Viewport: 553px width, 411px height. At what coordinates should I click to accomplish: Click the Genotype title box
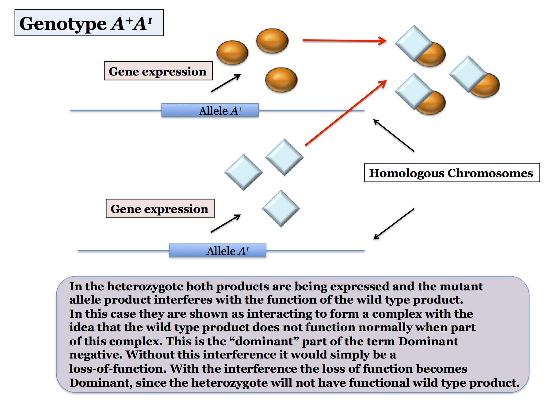89,23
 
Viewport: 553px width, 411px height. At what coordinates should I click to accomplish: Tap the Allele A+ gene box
210,110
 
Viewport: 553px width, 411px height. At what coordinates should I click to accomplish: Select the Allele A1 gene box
218,250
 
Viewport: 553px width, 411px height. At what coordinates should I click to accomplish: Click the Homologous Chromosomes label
452,173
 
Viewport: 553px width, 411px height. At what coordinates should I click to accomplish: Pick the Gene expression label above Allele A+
158,71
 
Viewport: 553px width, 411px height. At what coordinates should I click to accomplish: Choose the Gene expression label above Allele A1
160,208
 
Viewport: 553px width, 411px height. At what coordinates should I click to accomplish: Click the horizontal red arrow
345,40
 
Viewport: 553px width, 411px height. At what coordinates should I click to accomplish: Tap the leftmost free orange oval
232,52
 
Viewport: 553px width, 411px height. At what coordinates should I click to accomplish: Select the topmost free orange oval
272,41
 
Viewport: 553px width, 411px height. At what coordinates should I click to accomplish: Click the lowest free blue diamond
281,208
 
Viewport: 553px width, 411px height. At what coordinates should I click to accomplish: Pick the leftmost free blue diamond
243,172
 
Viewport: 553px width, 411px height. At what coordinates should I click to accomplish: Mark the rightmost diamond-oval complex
475,77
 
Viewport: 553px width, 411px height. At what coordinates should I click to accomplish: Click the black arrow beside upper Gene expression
226,83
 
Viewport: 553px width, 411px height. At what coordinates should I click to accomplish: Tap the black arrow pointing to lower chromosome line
394,224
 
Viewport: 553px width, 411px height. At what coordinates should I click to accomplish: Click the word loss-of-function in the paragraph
118,368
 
